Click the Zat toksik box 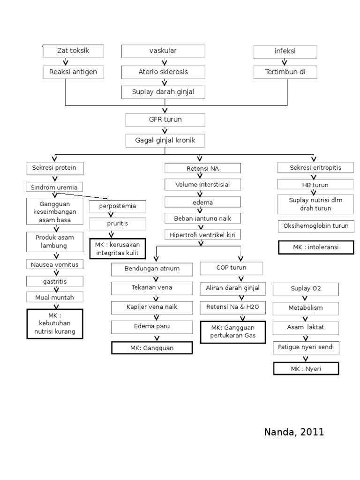click(73, 51)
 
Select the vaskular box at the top click(163, 51)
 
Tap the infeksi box click(285, 51)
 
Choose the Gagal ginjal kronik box click(165, 140)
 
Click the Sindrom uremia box click(55, 187)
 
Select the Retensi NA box click(202, 168)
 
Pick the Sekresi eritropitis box click(315, 168)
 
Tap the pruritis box click(117, 224)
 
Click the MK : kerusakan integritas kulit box click(117, 249)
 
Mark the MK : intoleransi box click(315, 247)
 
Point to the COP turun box click(231, 268)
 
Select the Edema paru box click(152, 327)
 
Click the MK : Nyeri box click(306, 369)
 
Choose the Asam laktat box click(306, 327)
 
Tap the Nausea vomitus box click(55, 264)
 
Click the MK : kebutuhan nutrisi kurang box click(55, 324)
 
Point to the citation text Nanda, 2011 click(294, 432)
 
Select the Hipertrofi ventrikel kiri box click(202, 234)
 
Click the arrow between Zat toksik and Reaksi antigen click(66, 62)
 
